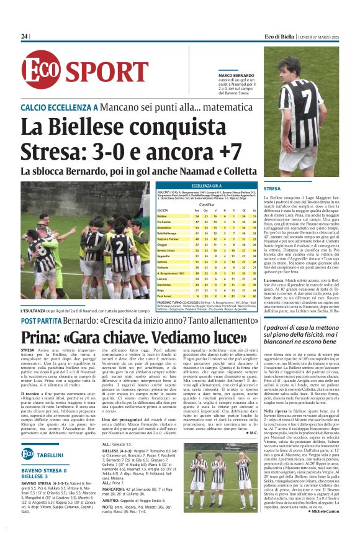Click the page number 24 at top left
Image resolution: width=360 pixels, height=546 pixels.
click(25, 37)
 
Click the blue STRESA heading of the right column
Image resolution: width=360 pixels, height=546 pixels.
click(272, 188)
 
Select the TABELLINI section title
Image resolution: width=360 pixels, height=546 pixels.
click(50, 455)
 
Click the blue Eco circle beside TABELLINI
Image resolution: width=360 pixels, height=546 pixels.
click(27, 454)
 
